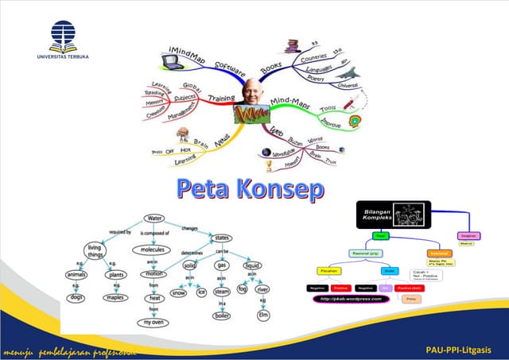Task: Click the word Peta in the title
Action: (x=208, y=189)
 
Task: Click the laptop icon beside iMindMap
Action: (x=174, y=60)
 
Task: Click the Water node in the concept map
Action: (x=156, y=218)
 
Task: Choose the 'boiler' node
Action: (x=223, y=315)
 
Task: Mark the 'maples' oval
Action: (x=116, y=298)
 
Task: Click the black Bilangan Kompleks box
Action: (x=393, y=215)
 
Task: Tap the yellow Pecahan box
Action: (x=329, y=270)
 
